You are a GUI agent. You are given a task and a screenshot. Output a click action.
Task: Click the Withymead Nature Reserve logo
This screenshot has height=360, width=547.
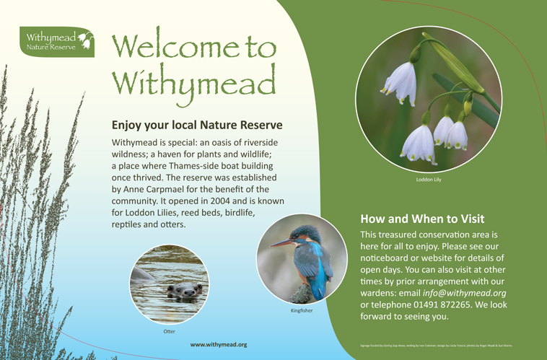pyautogui.click(x=57, y=42)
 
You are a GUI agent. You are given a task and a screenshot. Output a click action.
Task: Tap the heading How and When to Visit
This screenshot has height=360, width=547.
pyautogui.click(x=422, y=219)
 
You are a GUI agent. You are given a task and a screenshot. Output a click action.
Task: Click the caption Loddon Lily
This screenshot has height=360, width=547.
pyautogui.click(x=429, y=180)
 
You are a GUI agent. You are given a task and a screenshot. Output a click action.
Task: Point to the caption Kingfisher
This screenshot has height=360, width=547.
pyautogui.click(x=301, y=310)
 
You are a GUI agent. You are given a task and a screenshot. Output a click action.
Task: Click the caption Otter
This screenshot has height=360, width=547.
pyautogui.click(x=169, y=331)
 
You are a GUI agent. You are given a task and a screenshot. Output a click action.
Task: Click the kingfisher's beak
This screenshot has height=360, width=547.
pyautogui.click(x=281, y=243)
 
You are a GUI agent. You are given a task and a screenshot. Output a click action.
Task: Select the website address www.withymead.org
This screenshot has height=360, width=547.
pyautogui.click(x=218, y=345)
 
